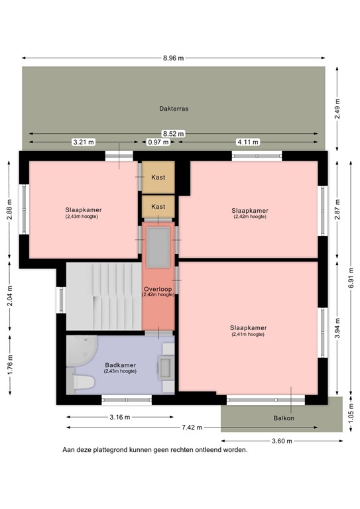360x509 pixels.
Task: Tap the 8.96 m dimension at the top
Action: click(173, 58)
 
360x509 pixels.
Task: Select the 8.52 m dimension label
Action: click(173, 133)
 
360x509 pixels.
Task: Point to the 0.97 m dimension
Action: click(158, 142)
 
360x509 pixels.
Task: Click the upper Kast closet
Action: click(158, 177)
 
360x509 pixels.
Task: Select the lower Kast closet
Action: click(158, 206)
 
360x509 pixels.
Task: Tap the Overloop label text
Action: click(158, 290)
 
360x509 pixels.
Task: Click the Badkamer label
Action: click(120, 365)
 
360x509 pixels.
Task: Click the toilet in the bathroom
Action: click(83, 382)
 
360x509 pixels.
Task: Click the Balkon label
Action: click(283, 418)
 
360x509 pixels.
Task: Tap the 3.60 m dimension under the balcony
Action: click(281, 440)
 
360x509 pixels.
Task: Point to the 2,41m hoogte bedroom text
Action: click(248, 335)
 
